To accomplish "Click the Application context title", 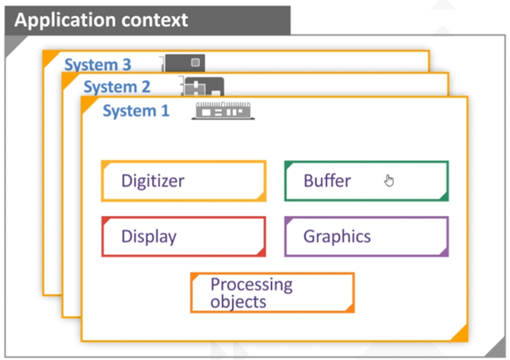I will [102, 19].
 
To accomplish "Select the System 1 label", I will [136, 110].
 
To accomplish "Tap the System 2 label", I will [117, 86].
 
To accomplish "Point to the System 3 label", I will [98, 64].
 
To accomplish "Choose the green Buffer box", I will [366, 180].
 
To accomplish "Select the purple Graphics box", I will [366, 236].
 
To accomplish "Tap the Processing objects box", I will [272, 292].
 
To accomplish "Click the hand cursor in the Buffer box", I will [389, 180].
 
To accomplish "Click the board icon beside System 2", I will [204, 86].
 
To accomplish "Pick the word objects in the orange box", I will [238, 302].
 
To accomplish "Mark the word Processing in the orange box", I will [251, 285].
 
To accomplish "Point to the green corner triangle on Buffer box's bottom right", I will [443, 196].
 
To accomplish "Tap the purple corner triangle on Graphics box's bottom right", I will [443, 252].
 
